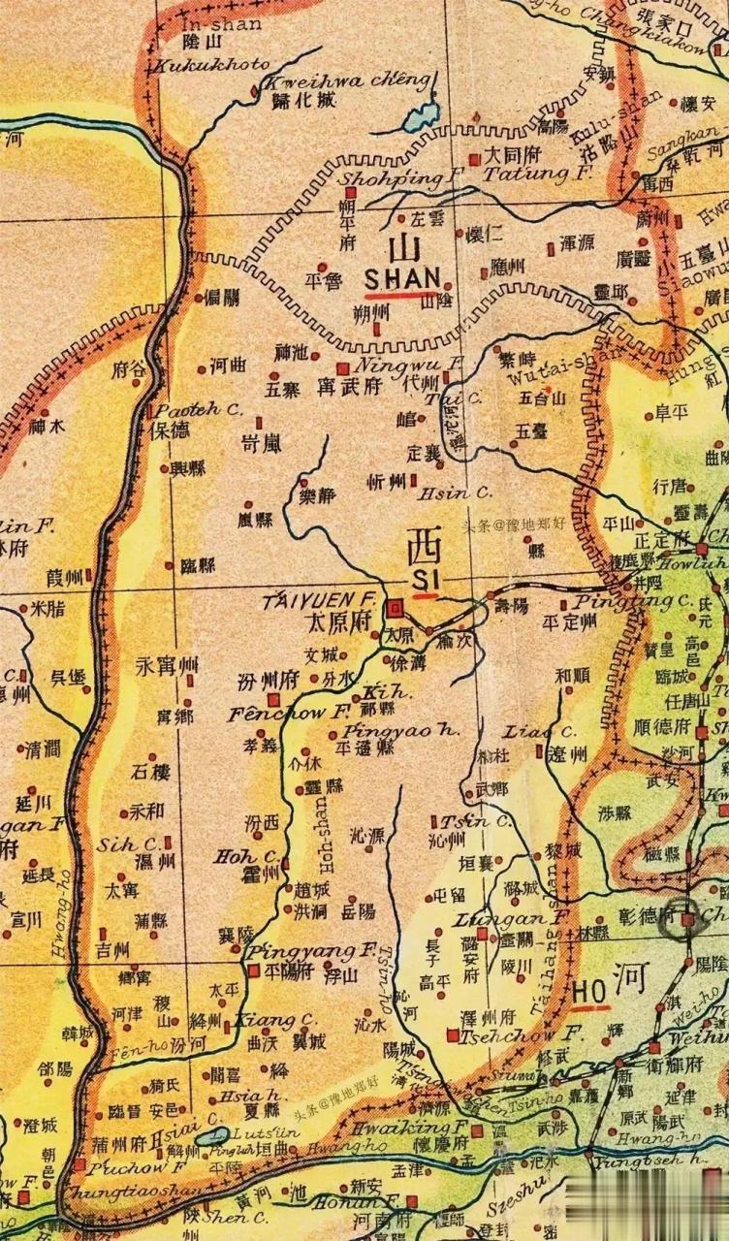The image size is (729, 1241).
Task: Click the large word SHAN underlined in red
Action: point(402,275)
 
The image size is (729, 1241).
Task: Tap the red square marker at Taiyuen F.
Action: point(396,609)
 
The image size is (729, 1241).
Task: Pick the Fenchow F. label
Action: point(275,713)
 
